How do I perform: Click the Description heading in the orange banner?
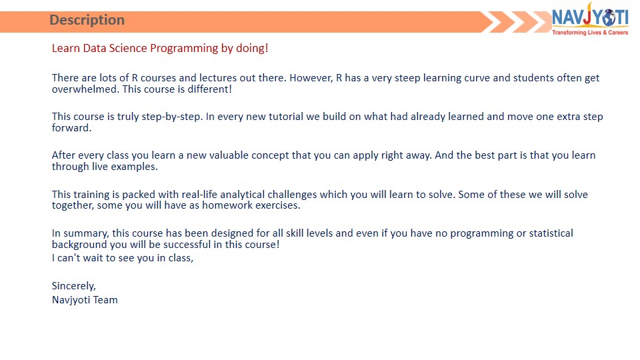click(87, 20)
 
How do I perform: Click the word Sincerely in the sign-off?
click(74, 286)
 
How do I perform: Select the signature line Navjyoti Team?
click(85, 299)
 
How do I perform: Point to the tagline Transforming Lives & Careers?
click(590, 32)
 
